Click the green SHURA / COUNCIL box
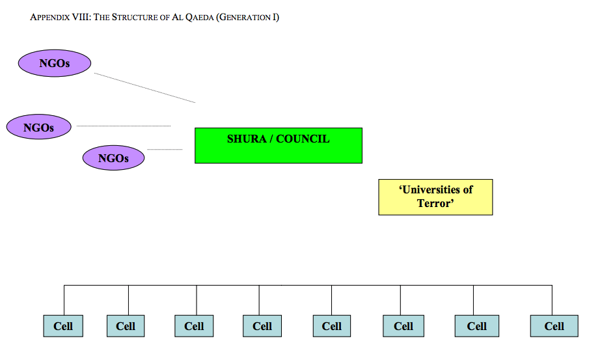(x=278, y=145)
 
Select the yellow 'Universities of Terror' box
(x=435, y=197)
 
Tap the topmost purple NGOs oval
(x=54, y=63)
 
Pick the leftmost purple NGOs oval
(x=38, y=127)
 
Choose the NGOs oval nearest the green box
(x=113, y=158)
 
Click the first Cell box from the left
(x=63, y=326)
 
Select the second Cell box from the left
(x=126, y=326)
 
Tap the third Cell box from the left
(x=194, y=326)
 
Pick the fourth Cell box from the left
(x=262, y=326)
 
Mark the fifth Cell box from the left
(x=332, y=326)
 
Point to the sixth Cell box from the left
(x=403, y=326)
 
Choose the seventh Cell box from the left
(x=476, y=326)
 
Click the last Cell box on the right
(x=554, y=326)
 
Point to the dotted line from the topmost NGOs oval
(x=144, y=88)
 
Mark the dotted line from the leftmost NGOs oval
(x=124, y=126)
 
